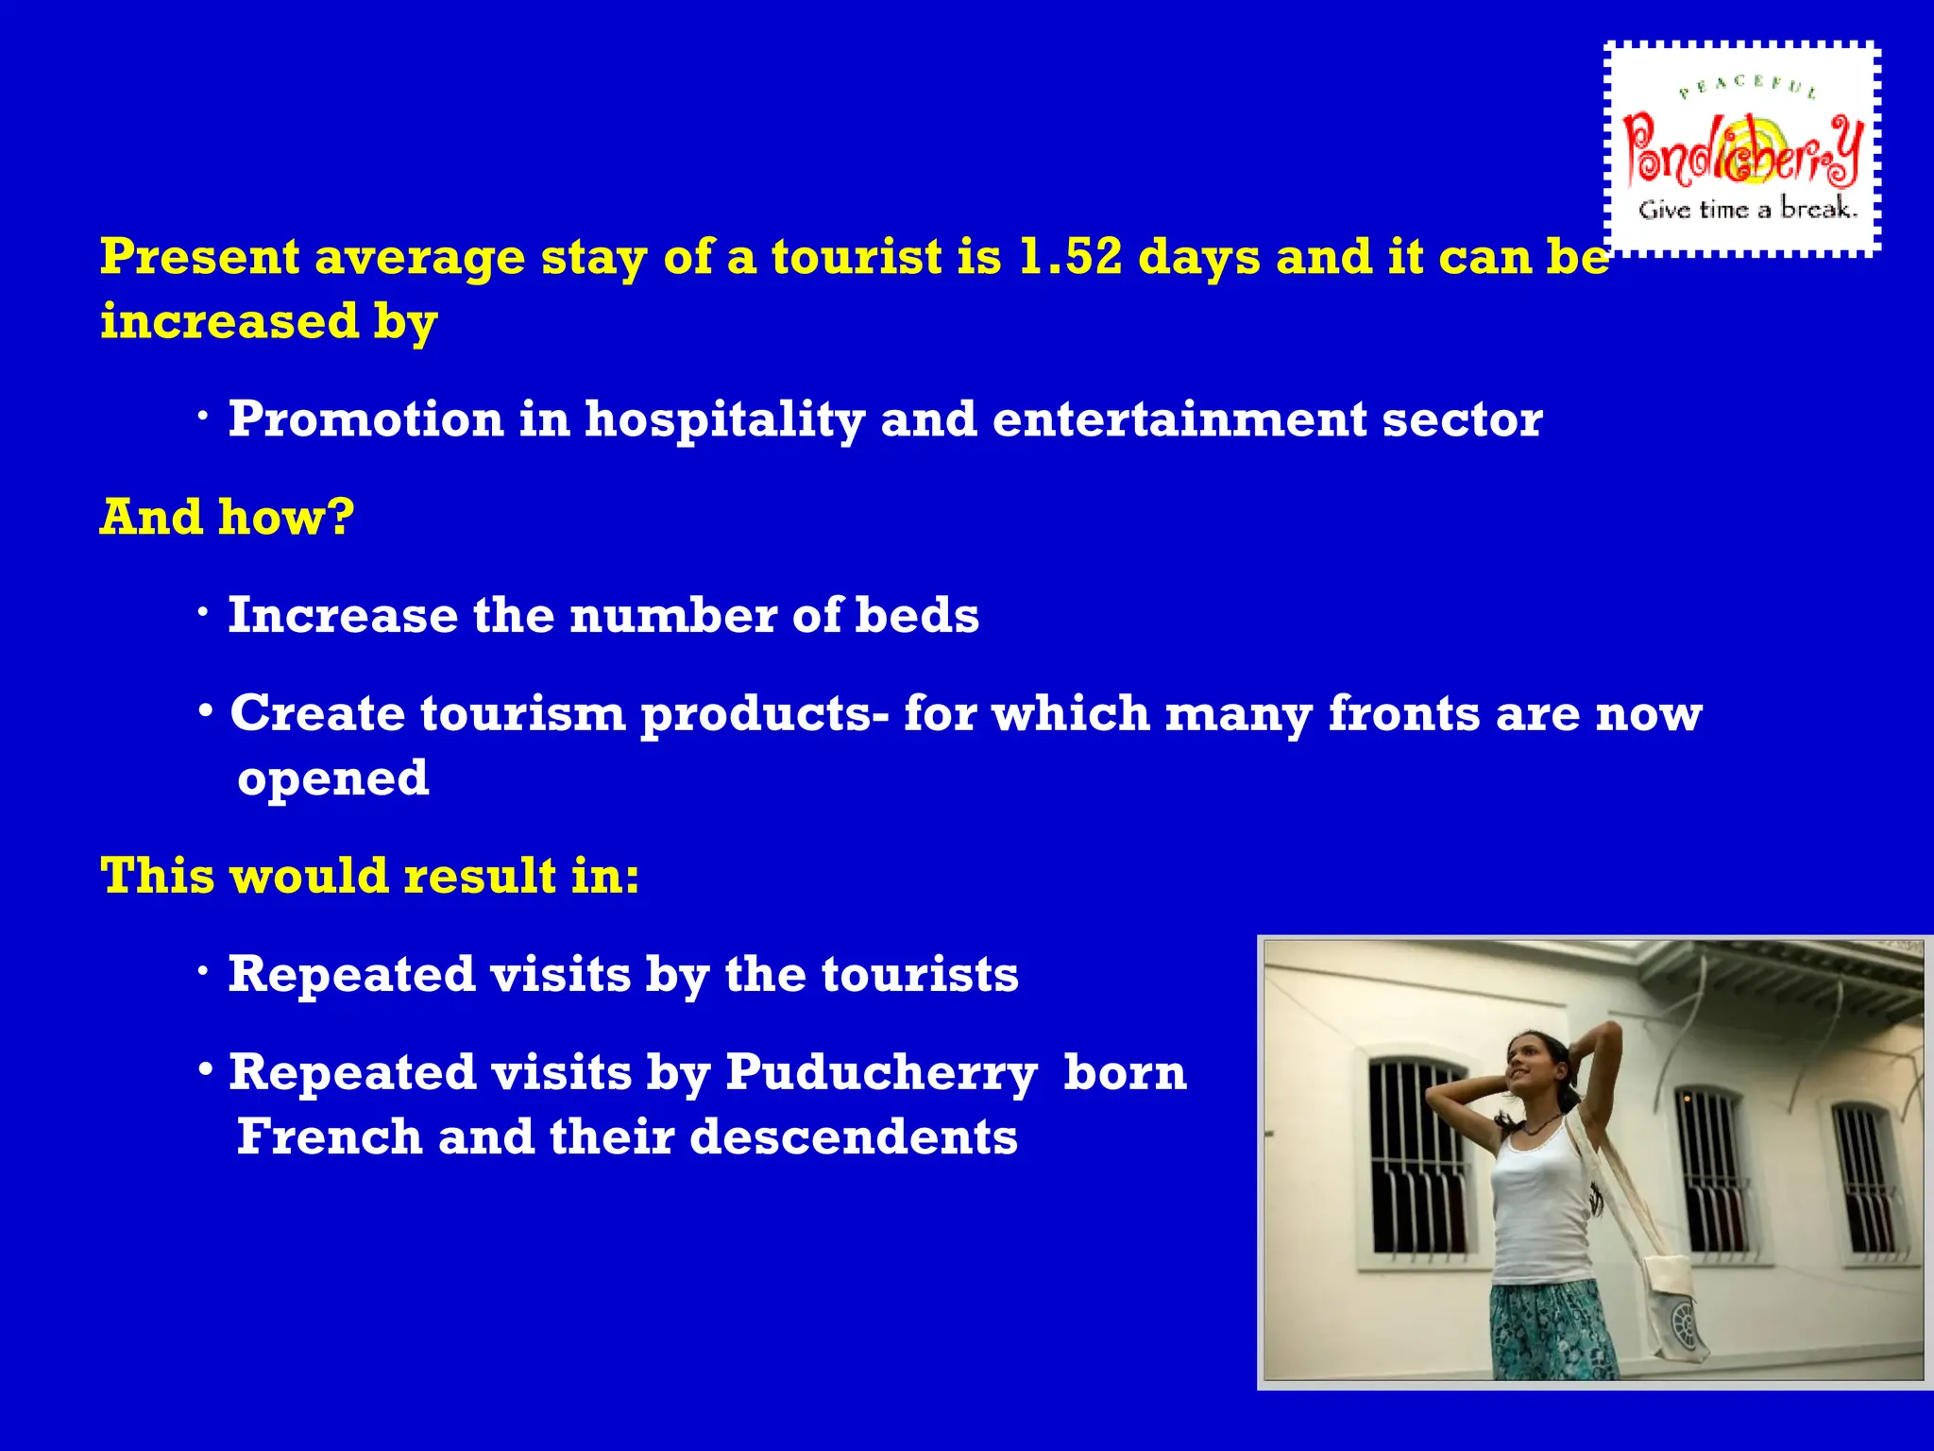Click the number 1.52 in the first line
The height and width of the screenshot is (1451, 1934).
1070,257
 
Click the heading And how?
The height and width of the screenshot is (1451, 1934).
228,517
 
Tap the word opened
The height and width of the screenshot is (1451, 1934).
332,778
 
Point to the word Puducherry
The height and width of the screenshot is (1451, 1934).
881,1073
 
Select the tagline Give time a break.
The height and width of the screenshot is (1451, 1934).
1747,209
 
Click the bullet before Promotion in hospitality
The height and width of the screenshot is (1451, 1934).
204,418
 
